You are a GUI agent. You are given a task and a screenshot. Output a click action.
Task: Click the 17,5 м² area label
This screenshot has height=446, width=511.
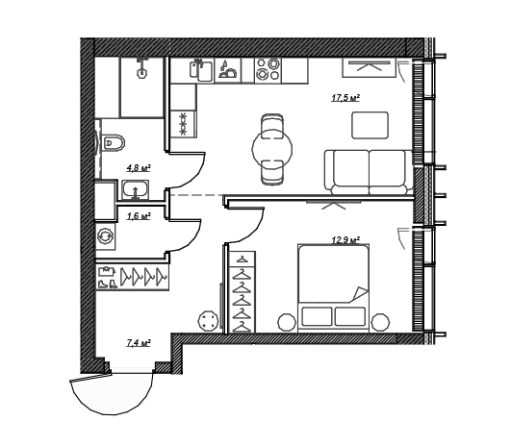(x=345, y=98)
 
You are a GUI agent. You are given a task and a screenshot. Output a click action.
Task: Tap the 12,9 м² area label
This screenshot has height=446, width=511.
(x=345, y=240)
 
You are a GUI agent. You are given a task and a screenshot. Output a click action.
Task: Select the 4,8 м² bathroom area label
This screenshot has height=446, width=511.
(x=139, y=168)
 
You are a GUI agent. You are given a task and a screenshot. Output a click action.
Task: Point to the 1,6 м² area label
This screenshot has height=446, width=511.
(x=139, y=216)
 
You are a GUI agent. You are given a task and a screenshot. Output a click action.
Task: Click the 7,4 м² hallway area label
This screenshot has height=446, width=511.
(x=139, y=343)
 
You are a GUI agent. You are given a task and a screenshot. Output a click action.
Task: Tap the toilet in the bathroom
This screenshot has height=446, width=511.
(x=113, y=142)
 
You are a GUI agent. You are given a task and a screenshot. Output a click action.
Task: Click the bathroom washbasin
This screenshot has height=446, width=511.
(x=136, y=189)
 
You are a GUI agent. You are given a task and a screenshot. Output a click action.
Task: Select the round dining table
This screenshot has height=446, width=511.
(x=272, y=149)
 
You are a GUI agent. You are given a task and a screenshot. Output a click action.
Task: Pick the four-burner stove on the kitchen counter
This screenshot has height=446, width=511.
(x=268, y=69)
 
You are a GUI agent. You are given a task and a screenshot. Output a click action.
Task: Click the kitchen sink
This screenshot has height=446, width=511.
(x=201, y=70)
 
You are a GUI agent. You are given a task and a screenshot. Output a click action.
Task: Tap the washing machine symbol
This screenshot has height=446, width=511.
(x=105, y=236)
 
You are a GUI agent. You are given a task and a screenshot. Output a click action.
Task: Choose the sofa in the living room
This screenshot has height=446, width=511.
(x=369, y=172)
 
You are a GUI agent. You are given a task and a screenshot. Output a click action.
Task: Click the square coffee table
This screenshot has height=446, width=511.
(x=370, y=125)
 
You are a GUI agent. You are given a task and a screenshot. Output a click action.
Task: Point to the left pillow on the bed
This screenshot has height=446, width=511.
(x=318, y=316)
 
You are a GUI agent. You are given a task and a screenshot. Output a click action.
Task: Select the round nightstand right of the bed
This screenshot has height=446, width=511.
(x=380, y=322)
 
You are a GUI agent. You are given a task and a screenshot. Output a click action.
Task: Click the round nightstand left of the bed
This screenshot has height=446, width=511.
(x=287, y=322)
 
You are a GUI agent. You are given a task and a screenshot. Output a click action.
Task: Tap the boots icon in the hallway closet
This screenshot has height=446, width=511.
(x=108, y=284)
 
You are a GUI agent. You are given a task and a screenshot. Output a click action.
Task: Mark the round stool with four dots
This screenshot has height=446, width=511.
(x=208, y=321)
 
